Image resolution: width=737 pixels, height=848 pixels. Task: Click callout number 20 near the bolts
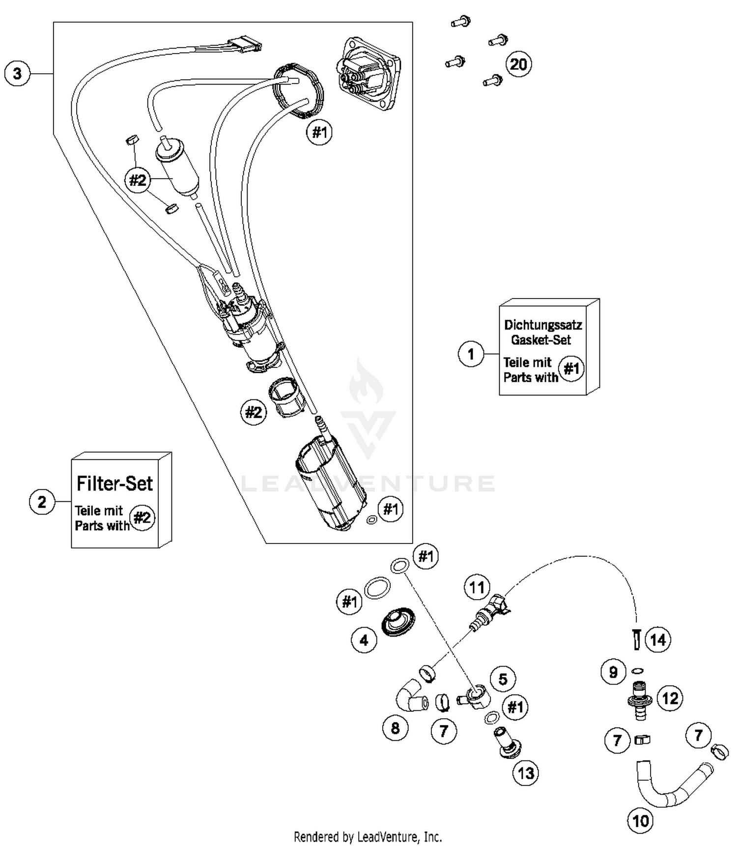click(519, 64)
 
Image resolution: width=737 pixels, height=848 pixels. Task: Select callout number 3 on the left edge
click(17, 74)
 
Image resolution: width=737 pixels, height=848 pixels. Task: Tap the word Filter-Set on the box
click(114, 484)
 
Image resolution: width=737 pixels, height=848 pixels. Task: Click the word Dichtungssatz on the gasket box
click(543, 325)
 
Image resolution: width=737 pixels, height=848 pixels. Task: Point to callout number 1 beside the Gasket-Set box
click(471, 354)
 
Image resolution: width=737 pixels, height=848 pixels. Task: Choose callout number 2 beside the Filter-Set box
click(42, 502)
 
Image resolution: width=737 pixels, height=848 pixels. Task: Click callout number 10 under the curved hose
click(640, 820)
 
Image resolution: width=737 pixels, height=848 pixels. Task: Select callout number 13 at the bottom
click(525, 773)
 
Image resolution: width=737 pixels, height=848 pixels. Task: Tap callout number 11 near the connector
click(477, 587)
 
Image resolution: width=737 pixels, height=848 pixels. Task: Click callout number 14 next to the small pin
click(657, 639)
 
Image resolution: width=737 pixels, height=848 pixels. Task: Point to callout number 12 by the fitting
click(670, 698)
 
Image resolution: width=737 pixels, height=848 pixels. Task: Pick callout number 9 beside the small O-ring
click(613, 672)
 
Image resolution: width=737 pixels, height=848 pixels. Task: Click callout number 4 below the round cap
click(364, 640)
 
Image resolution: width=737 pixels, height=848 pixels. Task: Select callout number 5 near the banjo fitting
click(503, 679)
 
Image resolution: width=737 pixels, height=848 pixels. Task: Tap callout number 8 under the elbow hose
click(395, 728)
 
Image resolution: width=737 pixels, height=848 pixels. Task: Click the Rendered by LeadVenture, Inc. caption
click(368, 837)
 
